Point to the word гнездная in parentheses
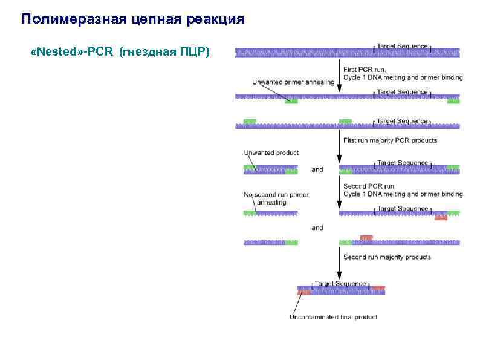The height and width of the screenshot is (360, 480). coord(151,53)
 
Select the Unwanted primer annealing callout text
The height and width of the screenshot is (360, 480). coord(293,82)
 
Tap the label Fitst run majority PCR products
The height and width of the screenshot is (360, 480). coord(390,140)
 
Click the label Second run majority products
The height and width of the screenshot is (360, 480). coord(387,257)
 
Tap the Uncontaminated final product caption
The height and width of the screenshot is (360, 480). coord(333,317)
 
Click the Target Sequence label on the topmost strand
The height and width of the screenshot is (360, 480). coord(402,45)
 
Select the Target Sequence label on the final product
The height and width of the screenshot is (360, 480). coord(340,283)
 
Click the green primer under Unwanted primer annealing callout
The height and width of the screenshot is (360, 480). coord(291,101)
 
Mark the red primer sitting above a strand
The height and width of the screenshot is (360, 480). coord(366,237)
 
